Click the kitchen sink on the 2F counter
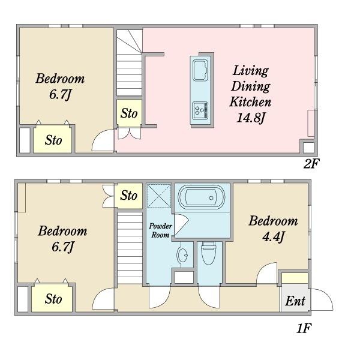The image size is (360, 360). (200, 70)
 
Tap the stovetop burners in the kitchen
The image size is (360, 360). (200, 110)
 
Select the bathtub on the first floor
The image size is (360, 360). (202, 197)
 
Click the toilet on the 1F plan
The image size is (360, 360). (208, 253)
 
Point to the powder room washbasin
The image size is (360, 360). (182, 255)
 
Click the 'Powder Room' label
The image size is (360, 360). (160, 230)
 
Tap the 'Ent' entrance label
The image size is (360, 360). (295, 301)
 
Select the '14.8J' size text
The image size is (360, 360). (251, 118)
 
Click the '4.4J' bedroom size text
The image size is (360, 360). (274, 237)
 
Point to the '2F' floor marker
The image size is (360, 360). (311, 164)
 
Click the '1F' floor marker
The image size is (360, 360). (304, 329)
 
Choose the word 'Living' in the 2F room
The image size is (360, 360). (250, 71)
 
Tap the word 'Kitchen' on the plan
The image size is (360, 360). (250, 102)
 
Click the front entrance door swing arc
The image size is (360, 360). (326, 296)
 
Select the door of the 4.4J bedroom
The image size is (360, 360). (267, 273)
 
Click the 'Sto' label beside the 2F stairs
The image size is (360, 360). (129, 113)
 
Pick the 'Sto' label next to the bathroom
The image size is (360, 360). (129, 196)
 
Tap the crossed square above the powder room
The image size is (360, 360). (159, 196)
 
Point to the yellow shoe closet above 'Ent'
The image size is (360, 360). (295, 278)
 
